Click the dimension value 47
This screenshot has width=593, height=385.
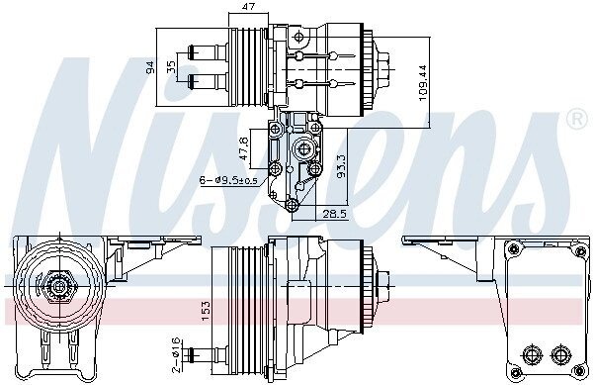pos(248,6)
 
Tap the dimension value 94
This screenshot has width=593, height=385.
pos(150,67)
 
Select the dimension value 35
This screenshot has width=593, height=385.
pos(171,67)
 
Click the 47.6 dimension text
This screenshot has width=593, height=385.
pos(244,148)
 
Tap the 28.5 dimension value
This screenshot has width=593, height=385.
pos(334,214)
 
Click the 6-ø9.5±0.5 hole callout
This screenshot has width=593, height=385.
pos(228,180)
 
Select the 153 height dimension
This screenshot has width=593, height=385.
pos(205,312)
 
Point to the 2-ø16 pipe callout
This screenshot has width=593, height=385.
pos(177,355)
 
